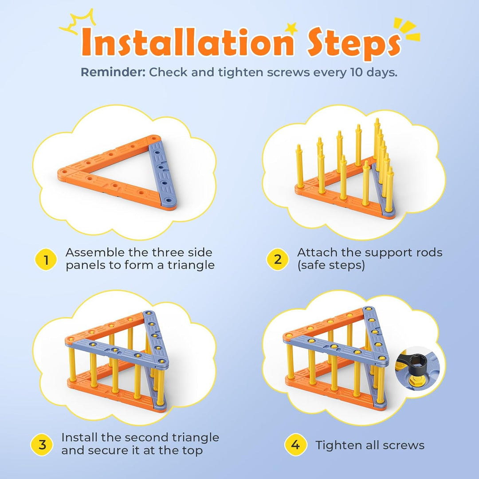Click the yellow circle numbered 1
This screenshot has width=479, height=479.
pyautogui.click(x=46, y=259)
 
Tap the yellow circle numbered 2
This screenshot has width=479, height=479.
pyautogui.click(x=277, y=259)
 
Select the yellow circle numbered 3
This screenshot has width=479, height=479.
pyautogui.click(x=42, y=444)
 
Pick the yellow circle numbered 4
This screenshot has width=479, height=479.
pyautogui.click(x=295, y=445)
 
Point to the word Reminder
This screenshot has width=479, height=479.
pyautogui.click(x=113, y=72)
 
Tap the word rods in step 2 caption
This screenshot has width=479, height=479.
pyautogui.click(x=429, y=252)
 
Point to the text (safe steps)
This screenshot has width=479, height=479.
pyautogui.click(x=331, y=265)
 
